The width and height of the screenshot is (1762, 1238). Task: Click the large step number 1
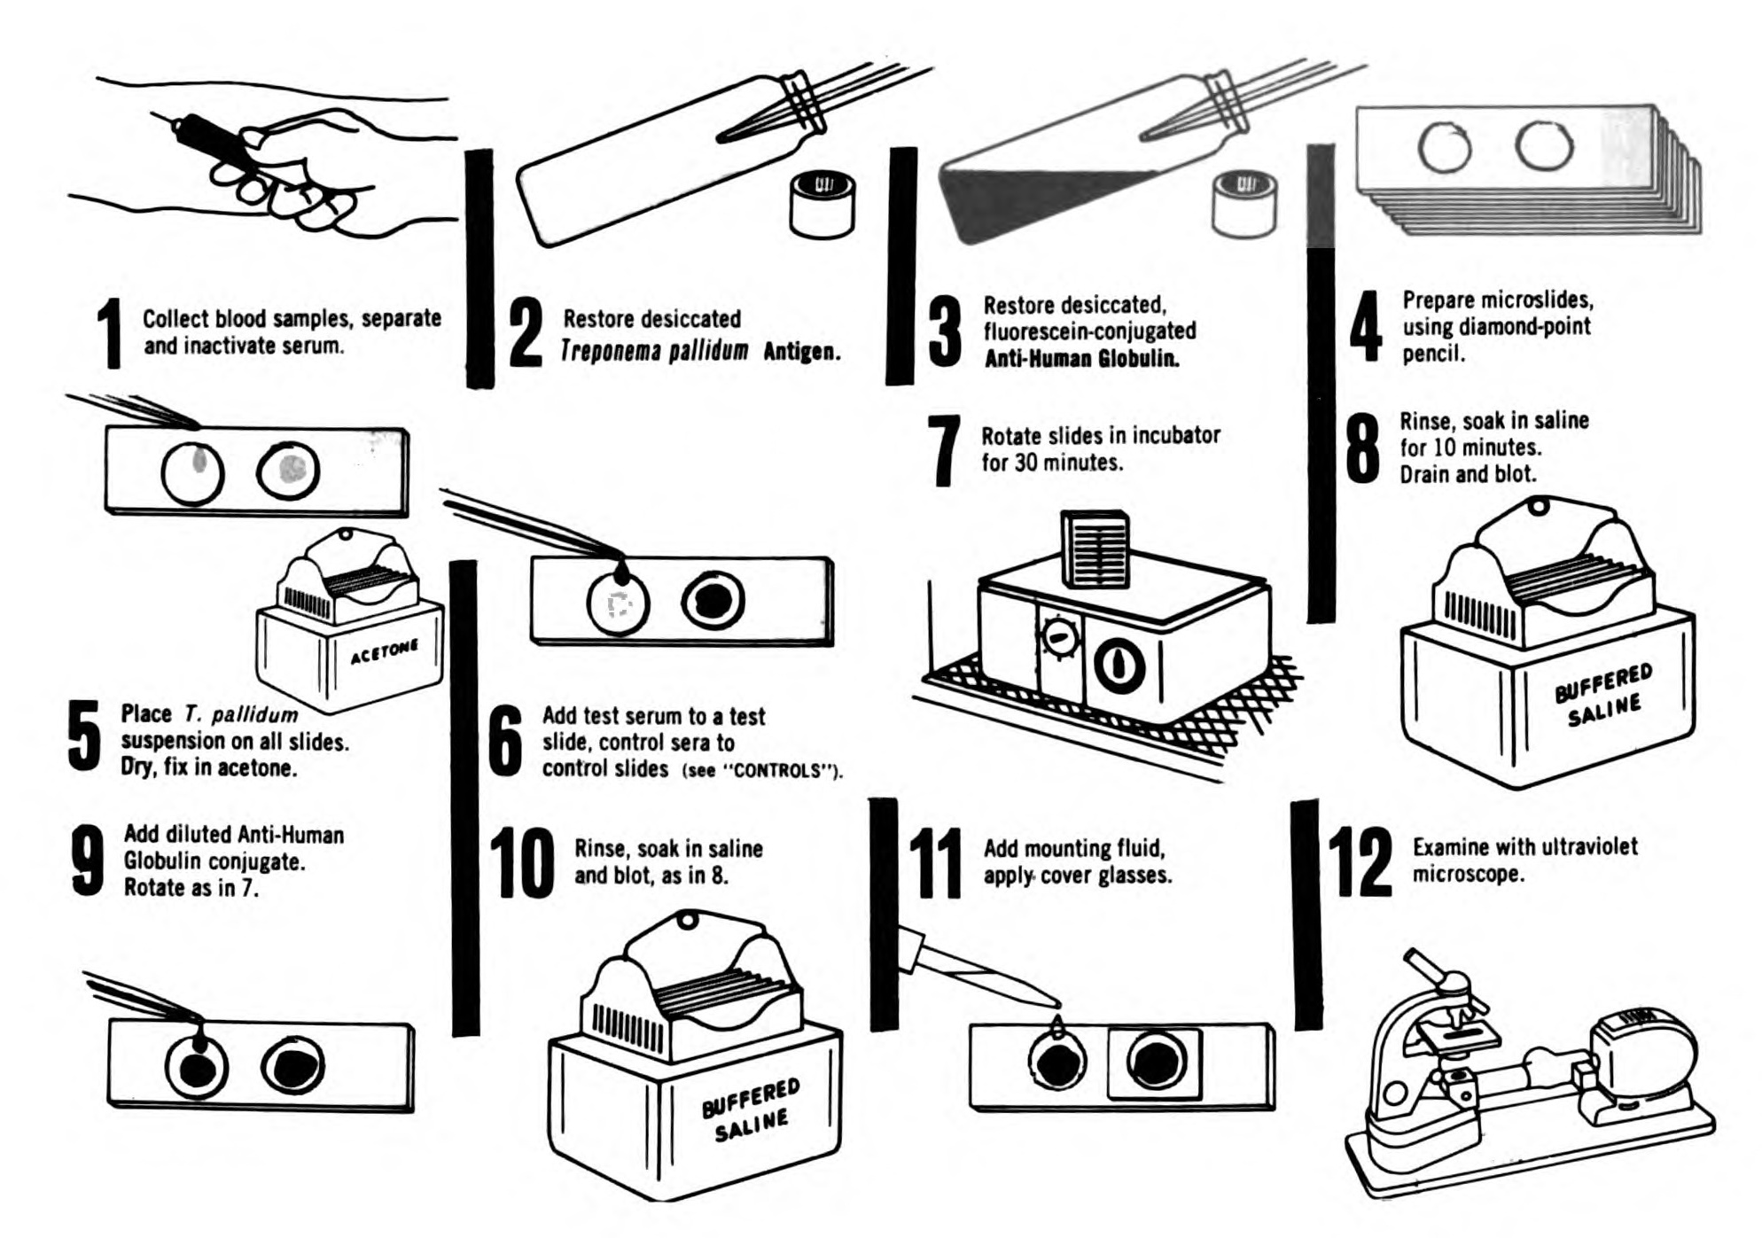(110, 333)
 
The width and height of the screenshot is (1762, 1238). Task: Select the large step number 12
(1360, 861)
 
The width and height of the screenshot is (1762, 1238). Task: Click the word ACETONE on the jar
(384, 651)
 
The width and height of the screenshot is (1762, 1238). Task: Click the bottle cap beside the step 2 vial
(823, 205)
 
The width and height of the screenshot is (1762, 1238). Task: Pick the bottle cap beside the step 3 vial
(1244, 205)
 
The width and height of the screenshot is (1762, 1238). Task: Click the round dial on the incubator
(1060, 637)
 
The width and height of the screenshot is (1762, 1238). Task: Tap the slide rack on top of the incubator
(1095, 549)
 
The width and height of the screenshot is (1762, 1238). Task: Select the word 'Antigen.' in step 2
(801, 352)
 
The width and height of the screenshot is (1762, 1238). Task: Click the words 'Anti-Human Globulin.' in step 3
(1081, 359)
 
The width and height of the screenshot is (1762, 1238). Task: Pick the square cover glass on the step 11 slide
(1155, 1063)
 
